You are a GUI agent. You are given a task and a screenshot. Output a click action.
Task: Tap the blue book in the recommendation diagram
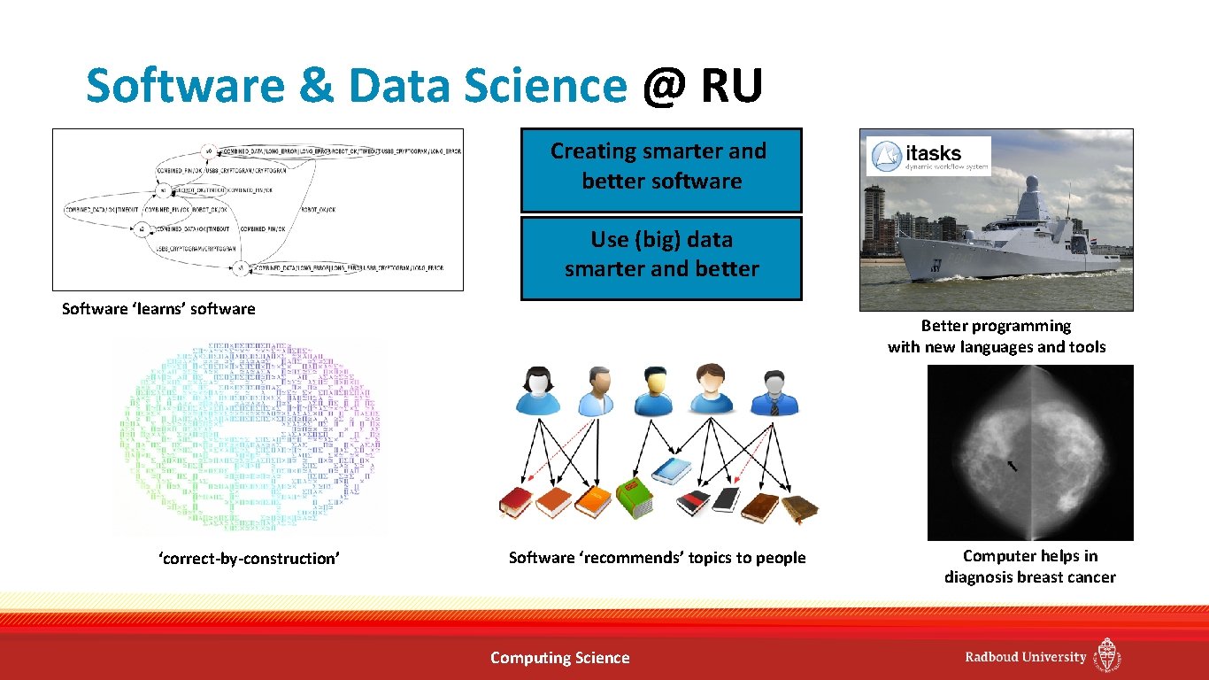672,470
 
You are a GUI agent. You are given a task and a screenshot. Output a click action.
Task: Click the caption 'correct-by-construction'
249,559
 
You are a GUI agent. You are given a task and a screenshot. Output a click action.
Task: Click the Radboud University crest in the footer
1107,656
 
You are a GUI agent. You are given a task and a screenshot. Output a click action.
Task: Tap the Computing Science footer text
559,658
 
